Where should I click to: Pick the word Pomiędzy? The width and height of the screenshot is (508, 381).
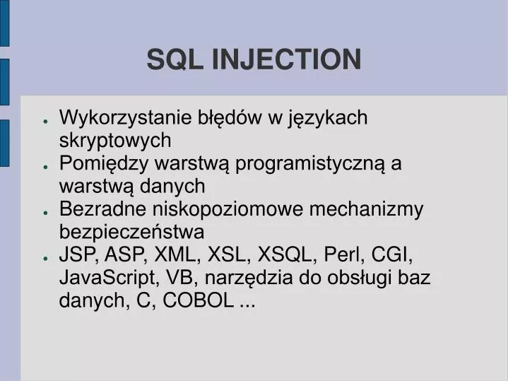96,163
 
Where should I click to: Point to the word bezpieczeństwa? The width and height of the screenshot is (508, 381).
132,232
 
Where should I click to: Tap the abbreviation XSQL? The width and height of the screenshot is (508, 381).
286,255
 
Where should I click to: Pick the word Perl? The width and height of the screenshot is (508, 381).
343,255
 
